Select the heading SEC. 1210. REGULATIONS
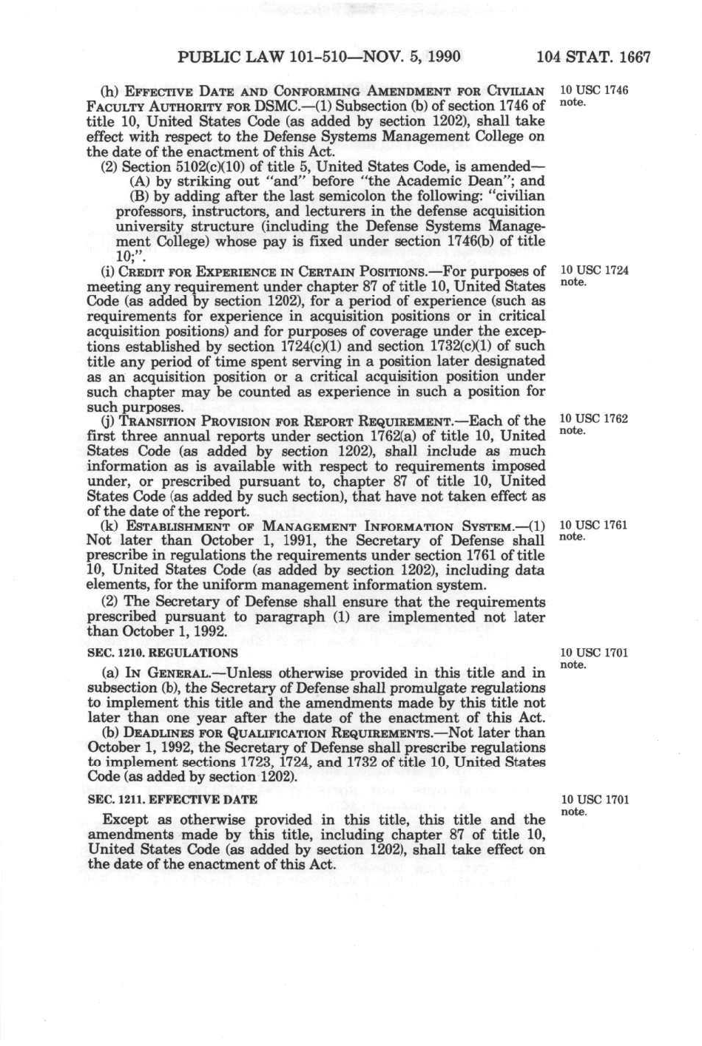163,653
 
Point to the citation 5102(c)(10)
203,166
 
